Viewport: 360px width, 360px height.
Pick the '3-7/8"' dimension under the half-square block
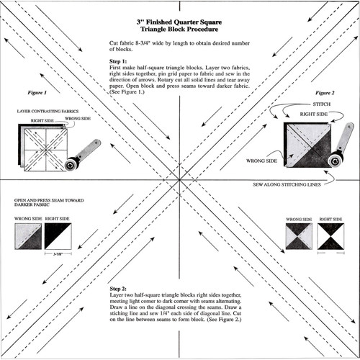(x=58, y=253)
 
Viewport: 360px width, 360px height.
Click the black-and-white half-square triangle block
(x=58, y=235)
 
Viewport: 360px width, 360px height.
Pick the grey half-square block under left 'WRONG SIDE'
(x=27, y=235)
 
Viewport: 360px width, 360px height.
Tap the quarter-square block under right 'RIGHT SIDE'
(x=330, y=236)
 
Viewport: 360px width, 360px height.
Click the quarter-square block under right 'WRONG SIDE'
(x=298, y=236)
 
